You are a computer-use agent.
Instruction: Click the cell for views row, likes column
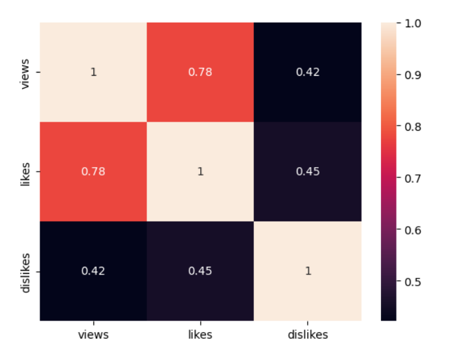click(200, 72)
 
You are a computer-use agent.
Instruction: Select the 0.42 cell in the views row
click(308, 72)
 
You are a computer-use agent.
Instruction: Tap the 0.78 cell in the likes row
click(93, 172)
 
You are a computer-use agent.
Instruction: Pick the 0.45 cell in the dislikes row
click(200, 271)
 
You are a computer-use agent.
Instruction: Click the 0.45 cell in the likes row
click(308, 172)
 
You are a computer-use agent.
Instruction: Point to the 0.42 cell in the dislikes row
click(93, 271)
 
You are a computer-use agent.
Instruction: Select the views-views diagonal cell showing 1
click(93, 72)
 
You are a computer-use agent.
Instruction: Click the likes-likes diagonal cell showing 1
click(200, 172)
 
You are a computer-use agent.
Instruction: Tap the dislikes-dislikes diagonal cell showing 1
click(308, 271)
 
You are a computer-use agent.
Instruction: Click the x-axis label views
click(93, 335)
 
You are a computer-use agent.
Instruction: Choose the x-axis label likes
click(200, 335)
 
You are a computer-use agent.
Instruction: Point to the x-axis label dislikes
click(308, 335)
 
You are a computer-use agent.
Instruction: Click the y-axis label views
click(26, 72)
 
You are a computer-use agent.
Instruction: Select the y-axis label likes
click(26, 172)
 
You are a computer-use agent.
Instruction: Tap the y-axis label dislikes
click(26, 271)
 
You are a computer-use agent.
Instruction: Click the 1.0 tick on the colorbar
click(415, 23)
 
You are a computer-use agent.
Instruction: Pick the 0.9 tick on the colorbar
click(415, 74)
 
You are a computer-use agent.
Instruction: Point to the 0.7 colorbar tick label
click(415, 178)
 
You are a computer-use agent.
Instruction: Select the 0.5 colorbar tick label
click(415, 282)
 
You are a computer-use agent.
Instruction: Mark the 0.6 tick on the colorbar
click(415, 230)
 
